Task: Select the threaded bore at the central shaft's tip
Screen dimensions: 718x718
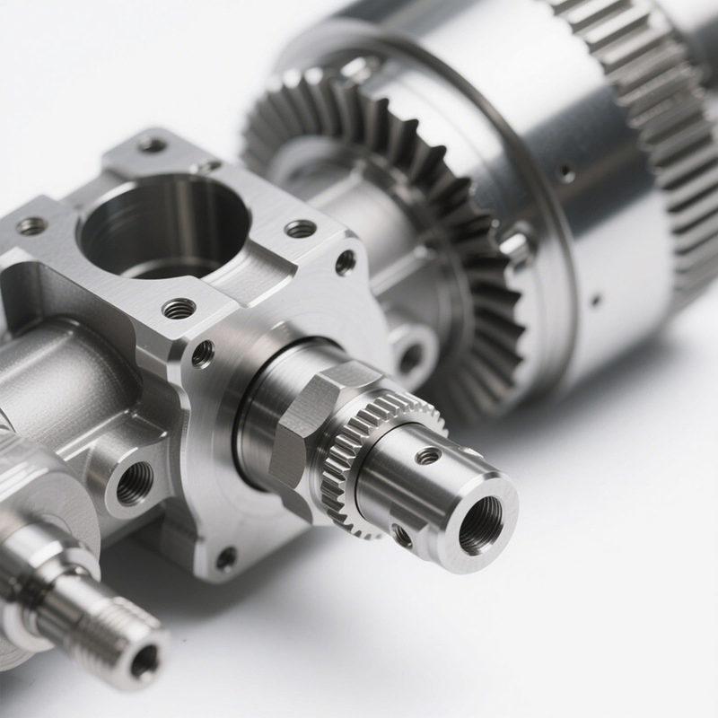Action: (x=481, y=524)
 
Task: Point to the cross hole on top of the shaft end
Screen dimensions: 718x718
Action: (x=428, y=457)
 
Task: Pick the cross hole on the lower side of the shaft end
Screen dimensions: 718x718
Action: (x=402, y=536)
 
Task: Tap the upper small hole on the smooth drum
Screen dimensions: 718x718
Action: (x=567, y=172)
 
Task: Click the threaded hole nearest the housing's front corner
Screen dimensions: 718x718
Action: (x=179, y=309)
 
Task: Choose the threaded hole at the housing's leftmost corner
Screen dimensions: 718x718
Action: (x=31, y=226)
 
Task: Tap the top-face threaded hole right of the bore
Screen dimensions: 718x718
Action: (x=301, y=229)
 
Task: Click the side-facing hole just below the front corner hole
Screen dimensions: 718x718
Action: (x=203, y=354)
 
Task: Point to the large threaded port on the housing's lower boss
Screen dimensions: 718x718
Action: (x=134, y=484)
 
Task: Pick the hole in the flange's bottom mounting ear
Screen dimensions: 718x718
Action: (x=226, y=558)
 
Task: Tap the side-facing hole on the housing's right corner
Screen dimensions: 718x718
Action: (x=345, y=262)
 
